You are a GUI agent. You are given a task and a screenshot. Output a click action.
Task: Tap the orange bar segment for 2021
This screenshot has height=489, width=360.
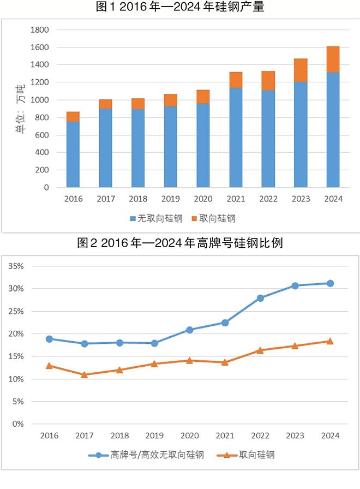pos(236,80)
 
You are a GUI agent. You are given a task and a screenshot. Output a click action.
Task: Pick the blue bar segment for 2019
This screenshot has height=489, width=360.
pos(171,147)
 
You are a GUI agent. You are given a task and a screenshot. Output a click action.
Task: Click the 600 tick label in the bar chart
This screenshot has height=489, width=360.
pos(43,135)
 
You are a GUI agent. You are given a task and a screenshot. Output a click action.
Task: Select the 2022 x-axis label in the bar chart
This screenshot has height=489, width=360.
pos(268,199)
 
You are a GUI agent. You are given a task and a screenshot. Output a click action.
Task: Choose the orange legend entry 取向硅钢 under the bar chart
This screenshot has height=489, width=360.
pos(213,218)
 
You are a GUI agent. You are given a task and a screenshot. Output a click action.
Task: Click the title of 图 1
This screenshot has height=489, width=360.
pos(180,8)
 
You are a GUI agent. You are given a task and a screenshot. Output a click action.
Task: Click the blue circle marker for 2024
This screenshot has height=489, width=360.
pos(330,283)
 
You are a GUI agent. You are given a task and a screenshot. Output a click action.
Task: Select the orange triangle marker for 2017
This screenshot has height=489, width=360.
pos(85,375)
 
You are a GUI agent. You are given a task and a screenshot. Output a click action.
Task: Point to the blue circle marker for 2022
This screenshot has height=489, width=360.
pos(260,298)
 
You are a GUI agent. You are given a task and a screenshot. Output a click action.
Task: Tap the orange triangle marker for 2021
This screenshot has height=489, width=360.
pos(225,362)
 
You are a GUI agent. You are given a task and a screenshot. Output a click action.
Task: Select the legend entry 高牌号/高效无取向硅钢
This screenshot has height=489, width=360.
pos(147,455)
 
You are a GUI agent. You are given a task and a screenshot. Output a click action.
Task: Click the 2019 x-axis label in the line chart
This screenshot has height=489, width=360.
pos(154,435)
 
